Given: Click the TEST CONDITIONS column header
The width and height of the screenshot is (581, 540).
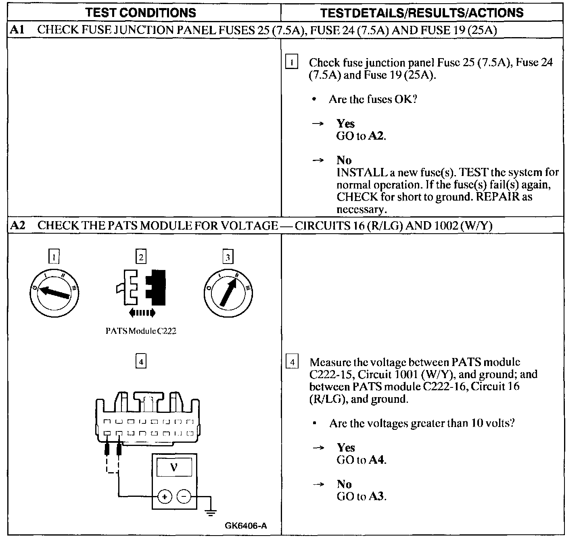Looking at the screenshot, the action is coord(141,13).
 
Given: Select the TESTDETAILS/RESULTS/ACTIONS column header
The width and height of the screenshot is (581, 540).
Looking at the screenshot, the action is coord(422,13).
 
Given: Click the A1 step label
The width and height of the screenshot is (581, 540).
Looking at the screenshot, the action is coord(17,30).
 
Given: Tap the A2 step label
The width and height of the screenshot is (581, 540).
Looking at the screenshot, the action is coord(17,225).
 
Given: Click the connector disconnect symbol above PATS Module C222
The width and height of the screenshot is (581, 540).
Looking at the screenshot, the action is coord(141,287).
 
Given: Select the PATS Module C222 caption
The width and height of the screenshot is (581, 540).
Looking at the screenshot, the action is coord(141,331).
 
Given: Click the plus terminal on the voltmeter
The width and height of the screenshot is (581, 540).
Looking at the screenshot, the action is coord(165,496).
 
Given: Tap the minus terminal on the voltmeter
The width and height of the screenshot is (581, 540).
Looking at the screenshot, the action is coord(184,496).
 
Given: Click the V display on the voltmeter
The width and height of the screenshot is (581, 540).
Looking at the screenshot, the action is coord(174,468).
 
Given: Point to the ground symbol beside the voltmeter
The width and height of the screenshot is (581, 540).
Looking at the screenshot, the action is coord(210,513).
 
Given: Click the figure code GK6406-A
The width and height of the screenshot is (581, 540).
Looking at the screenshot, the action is coord(246,525).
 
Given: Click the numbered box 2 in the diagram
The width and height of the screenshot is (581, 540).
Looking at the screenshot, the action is coord(141,257).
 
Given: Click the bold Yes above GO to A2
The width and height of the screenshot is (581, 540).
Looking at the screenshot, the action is coord(346,123).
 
